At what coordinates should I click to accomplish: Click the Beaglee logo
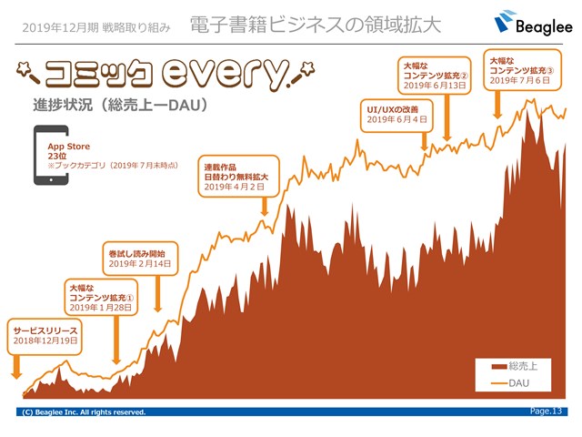pyautogui.click(x=533, y=23)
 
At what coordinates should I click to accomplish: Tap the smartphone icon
pyautogui.click(x=51, y=155)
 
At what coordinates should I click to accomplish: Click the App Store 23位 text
pyautogui.click(x=69, y=151)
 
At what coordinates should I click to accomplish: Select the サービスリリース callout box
pyautogui.click(x=45, y=336)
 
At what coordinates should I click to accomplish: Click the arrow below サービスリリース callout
pyautogui.click(x=16, y=367)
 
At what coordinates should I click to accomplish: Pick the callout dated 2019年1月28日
pyautogui.click(x=101, y=298)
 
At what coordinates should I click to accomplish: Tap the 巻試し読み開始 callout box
pyautogui.click(x=140, y=259)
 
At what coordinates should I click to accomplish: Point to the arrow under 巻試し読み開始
pyautogui.click(x=157, y=293)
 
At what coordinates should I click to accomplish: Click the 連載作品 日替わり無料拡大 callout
pyautogui.click(x=238, y=176)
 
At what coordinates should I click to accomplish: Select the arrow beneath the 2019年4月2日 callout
pyautogui.click(x=265, y=207)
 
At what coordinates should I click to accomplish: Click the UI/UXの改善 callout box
pyautogui.click(x=396, y=116)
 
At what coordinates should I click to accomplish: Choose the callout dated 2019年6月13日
pyautogui.click(x=435, y=75)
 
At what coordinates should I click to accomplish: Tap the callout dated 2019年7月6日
pyautogui.click(x=522, y=70)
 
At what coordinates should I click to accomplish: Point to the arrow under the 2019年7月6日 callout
pyautogui.click(x=497, y=105)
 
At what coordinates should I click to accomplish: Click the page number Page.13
pyautogui.click(x=546, y=411)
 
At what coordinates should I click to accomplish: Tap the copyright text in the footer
pyautogui.click(x=84, y=412)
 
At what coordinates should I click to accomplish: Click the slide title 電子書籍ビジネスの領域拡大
pyautogui.click(x=316, y=25)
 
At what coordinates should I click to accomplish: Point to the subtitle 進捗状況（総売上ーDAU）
pyautogui.click(x=120, y=106)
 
